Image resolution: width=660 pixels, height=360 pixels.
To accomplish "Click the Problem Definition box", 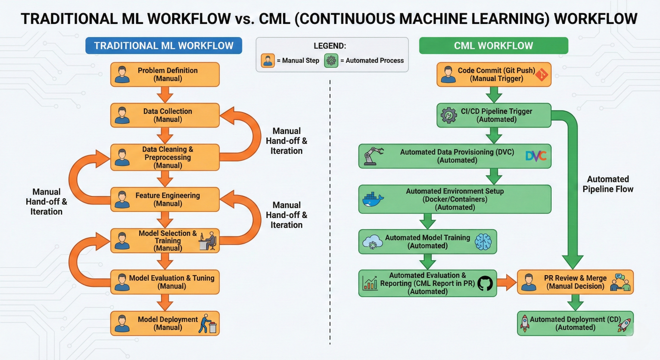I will pos(165,75).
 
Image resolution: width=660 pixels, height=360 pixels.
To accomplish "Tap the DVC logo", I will pos(536,156).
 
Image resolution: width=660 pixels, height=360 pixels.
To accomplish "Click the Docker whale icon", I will pos(373,199).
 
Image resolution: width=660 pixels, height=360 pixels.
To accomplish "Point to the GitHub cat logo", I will pos(486,283).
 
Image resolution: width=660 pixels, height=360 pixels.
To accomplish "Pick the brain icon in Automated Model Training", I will pos(483,241).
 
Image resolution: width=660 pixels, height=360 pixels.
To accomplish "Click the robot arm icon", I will pos(374,156).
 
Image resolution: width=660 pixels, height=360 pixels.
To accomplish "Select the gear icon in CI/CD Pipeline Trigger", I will pos(449,115).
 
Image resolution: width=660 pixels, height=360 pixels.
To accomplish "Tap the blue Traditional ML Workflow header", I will pos(164,45).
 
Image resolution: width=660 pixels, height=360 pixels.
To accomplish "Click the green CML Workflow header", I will pos(493,45).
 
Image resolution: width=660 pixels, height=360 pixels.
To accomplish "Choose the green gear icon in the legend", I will pos(331,60).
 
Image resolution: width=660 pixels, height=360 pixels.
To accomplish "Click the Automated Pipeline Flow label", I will pos(607,184).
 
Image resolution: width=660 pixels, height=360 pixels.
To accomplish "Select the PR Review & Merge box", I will pos(575,282).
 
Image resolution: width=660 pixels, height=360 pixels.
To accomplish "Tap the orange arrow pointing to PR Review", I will pos(506,282).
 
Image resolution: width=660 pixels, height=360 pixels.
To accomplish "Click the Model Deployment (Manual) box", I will pos(165,323).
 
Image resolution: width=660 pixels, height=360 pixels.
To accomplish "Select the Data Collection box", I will pos(165,115).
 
